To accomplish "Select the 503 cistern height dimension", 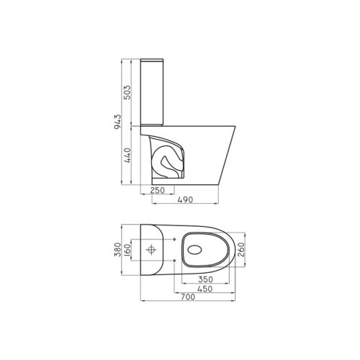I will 127,93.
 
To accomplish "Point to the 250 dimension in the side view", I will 158,191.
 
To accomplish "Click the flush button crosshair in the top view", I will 153,251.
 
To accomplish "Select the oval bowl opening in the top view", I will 205,250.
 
